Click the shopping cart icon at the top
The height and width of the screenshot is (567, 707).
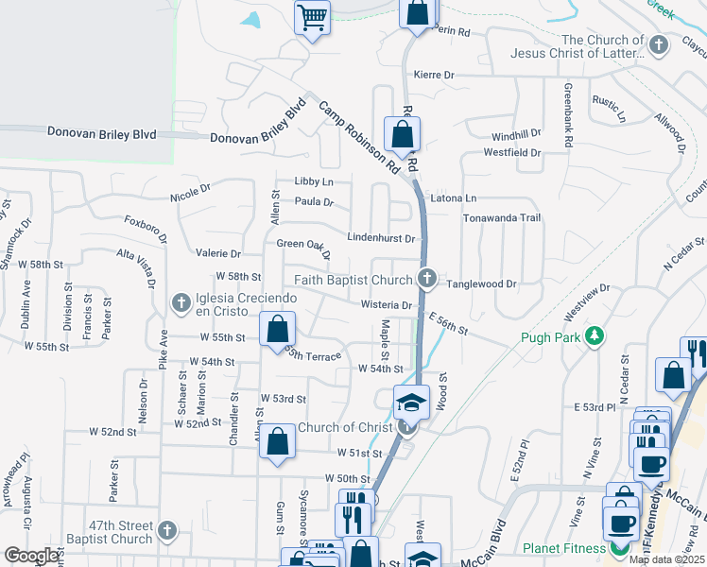[x=313, y=17]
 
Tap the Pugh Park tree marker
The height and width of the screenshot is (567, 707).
[x=595, y=336]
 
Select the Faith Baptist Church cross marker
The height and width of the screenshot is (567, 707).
[x=427, y=279]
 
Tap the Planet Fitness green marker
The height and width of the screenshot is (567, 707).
[x=620, y=548]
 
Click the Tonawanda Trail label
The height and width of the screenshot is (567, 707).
[x=501, y=217]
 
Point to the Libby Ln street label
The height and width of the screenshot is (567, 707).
[x=315, y=180]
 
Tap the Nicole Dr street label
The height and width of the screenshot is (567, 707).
[x=190, y=194]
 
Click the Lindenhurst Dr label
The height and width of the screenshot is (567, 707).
[x=382, y=238]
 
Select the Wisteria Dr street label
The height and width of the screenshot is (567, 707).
[x=387, y=304]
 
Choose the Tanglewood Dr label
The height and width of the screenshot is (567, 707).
[x=482, y=283]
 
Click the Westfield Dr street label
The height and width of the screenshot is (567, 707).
[x=511, y=152]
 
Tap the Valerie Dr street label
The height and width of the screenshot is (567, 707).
[x=218, y=253]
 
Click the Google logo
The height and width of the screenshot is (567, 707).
[x=31, y=556]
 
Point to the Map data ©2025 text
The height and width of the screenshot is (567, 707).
[x=666, y=559]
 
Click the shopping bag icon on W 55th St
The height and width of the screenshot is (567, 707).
[x=277, y=330]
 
